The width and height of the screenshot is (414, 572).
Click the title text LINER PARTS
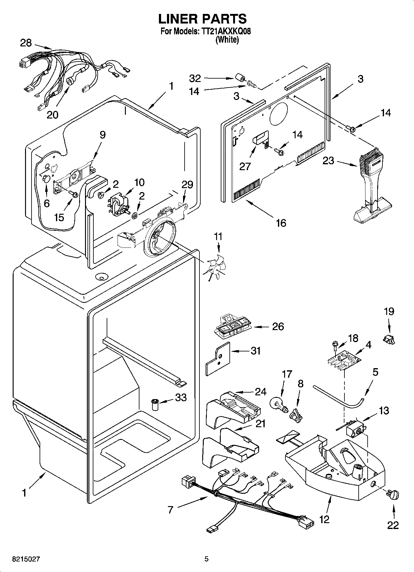click(x=203, y=19)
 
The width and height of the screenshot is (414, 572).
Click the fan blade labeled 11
click(x=216, y=265)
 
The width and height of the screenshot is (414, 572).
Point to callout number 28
click(x=26, y=43)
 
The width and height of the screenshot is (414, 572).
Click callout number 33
click(x=181, y=397)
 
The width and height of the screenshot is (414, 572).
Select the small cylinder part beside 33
click(x=154, y=404)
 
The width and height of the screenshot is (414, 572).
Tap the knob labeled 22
click(x=393, y=495)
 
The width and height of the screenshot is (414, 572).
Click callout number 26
click(x=278, y=326)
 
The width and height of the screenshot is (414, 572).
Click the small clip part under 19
click(x=389, y=340)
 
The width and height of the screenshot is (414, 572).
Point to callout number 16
click(x=281, y=223)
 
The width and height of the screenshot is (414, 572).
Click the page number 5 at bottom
click(x=207, y=559)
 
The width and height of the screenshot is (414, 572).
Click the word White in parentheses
click(x=227, y=40)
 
